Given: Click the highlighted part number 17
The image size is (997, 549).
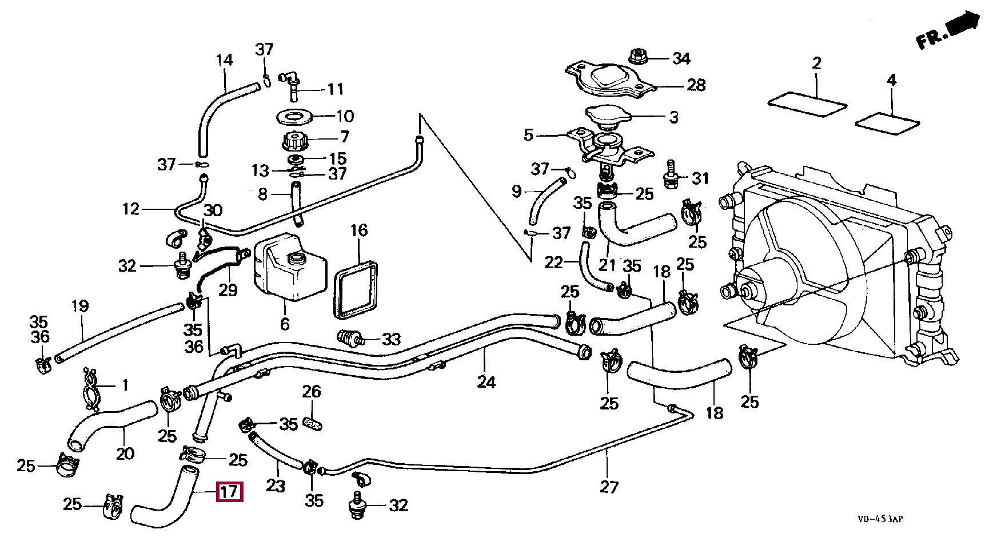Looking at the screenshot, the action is coord(230,492).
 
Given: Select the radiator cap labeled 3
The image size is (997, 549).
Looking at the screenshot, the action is coord(608,117).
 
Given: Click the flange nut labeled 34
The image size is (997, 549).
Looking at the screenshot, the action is coord(636,57).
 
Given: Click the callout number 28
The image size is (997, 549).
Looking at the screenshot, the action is coord(696,85).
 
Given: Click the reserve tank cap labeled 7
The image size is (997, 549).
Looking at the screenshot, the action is coord(296,140).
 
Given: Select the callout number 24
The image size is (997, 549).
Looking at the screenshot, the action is coord(486,381).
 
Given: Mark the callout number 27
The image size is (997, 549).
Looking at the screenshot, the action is coord(609,487).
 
